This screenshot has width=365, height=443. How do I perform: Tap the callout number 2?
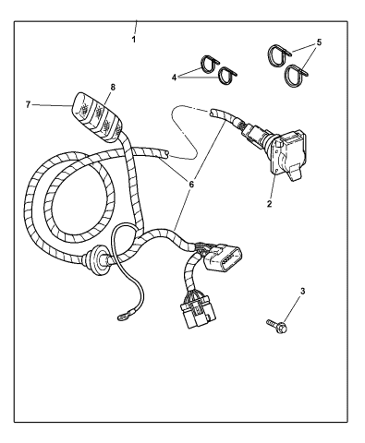click(x=269, y=205)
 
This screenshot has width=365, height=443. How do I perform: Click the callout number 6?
click(x=190, y=184)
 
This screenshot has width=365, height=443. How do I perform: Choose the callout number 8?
click(x=114, y=90)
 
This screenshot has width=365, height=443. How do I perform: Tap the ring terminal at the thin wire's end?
click(x=122, y=321)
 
